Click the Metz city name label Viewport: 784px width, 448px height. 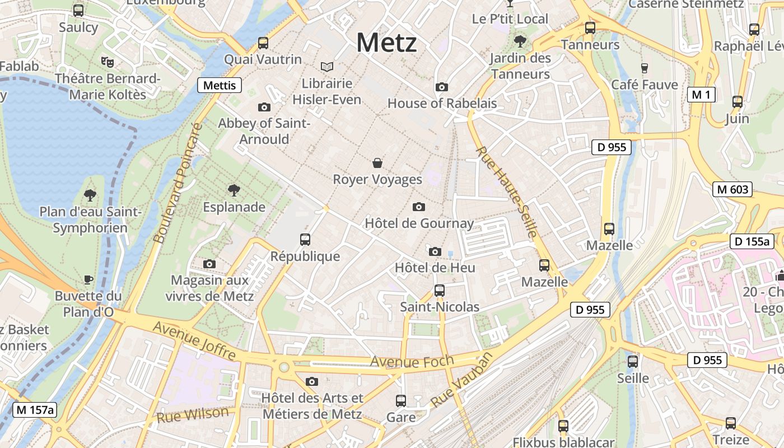tap(386, 43)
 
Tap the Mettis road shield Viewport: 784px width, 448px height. tap(220, 85)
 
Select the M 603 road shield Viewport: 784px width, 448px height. tap(732, 189)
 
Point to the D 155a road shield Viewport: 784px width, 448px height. tap(752, 242)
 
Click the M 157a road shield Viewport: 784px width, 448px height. tap(35, 410)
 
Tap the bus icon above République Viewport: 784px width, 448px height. tap(305, 240)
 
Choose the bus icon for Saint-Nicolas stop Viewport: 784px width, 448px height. tap(440, 291)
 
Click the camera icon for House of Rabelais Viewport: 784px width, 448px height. tap(442, 87)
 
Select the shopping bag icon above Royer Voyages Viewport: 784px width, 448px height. tap(377, 163)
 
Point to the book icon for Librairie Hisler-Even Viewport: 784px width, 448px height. tap(327, 67)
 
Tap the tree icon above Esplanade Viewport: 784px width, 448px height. tap(234, 190)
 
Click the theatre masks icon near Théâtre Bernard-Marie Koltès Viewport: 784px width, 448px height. tap(107, 61)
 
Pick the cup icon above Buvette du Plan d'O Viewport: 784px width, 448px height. tap(88, 279)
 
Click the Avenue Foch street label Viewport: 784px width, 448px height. tap(412, 361)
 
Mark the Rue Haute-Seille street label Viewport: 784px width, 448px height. tap(507, 192)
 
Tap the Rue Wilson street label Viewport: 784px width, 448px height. tap(193, 415)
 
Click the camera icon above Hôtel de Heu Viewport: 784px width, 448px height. tap(435, 251)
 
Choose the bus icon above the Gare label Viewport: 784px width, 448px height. tap(401, 400)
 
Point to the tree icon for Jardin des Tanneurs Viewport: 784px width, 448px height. tap(520, 41)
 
